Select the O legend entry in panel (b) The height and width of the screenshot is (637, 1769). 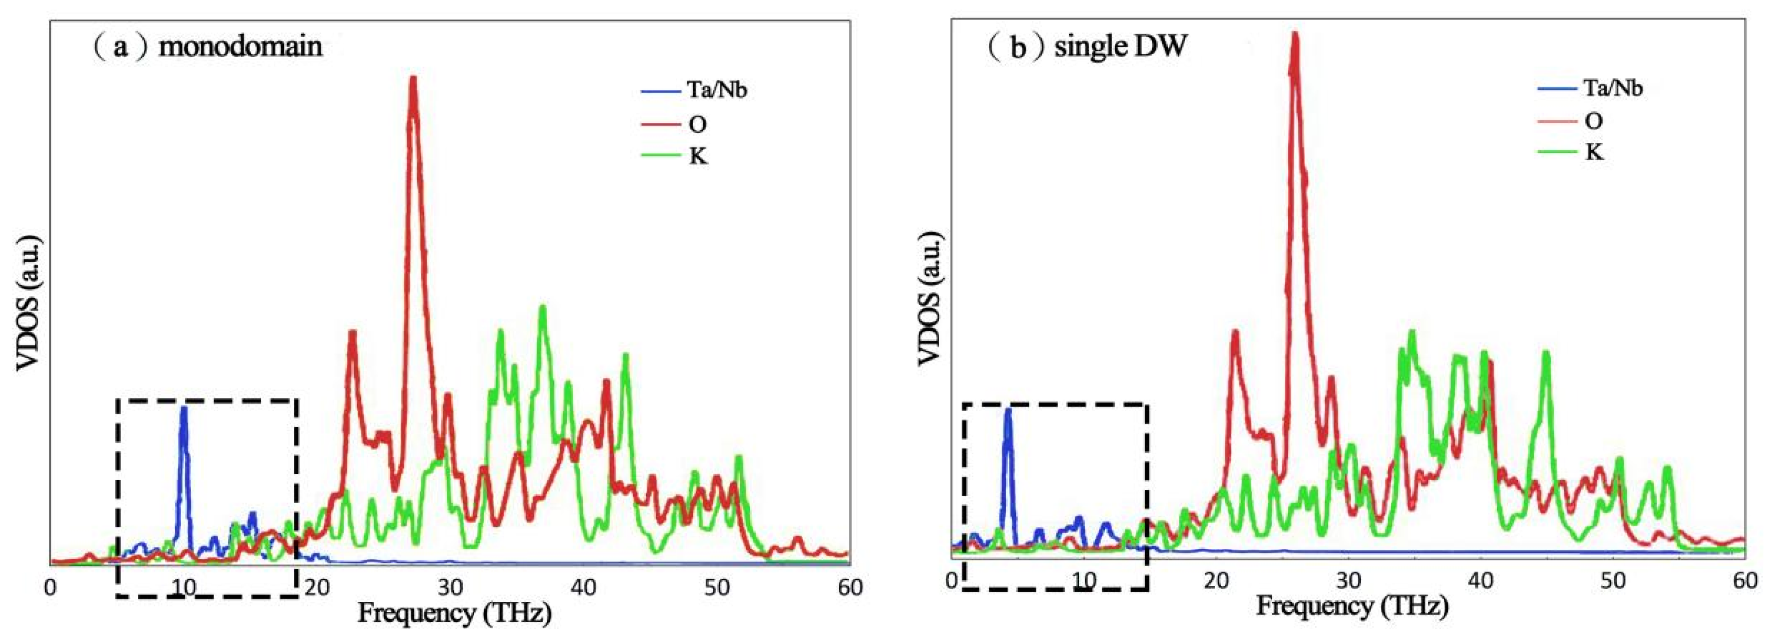[x=1594, y=121]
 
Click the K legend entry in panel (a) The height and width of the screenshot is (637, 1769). [x=697, y=156]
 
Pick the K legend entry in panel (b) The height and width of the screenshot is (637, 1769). [x=1594, y=152]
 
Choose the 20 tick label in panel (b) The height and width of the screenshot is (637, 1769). [x=1216, y=581]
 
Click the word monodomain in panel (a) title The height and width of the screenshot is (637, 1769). [x=240, y=46]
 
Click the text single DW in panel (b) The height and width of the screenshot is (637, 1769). [x=1120, y=46]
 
